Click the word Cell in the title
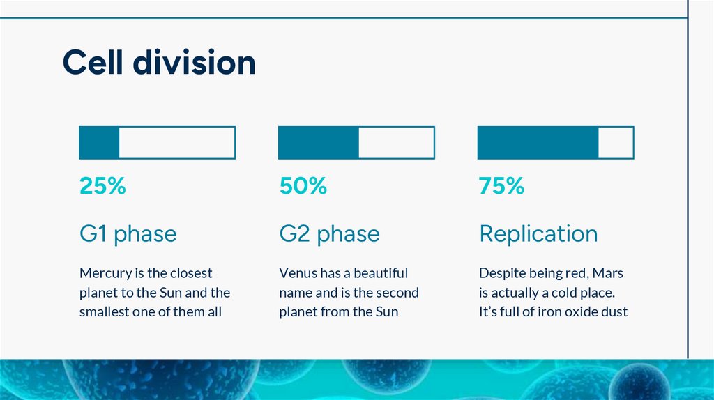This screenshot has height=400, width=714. (93, 63)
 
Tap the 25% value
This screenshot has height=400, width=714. (102, 186)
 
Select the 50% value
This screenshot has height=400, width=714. (303, 186)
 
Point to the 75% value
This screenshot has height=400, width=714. (501, 186)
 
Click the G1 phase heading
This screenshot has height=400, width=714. (128, 233)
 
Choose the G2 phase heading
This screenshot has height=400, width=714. (329, 233)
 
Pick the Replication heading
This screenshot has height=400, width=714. (538, 233)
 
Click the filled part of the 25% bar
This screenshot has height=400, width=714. (99, 142)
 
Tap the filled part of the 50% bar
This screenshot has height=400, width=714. (319, 142)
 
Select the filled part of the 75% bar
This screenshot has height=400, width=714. (538, 142)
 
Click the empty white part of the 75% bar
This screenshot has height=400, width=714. (616, 142)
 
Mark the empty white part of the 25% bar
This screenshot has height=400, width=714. (177, 142)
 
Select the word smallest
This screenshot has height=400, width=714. (105, 312)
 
